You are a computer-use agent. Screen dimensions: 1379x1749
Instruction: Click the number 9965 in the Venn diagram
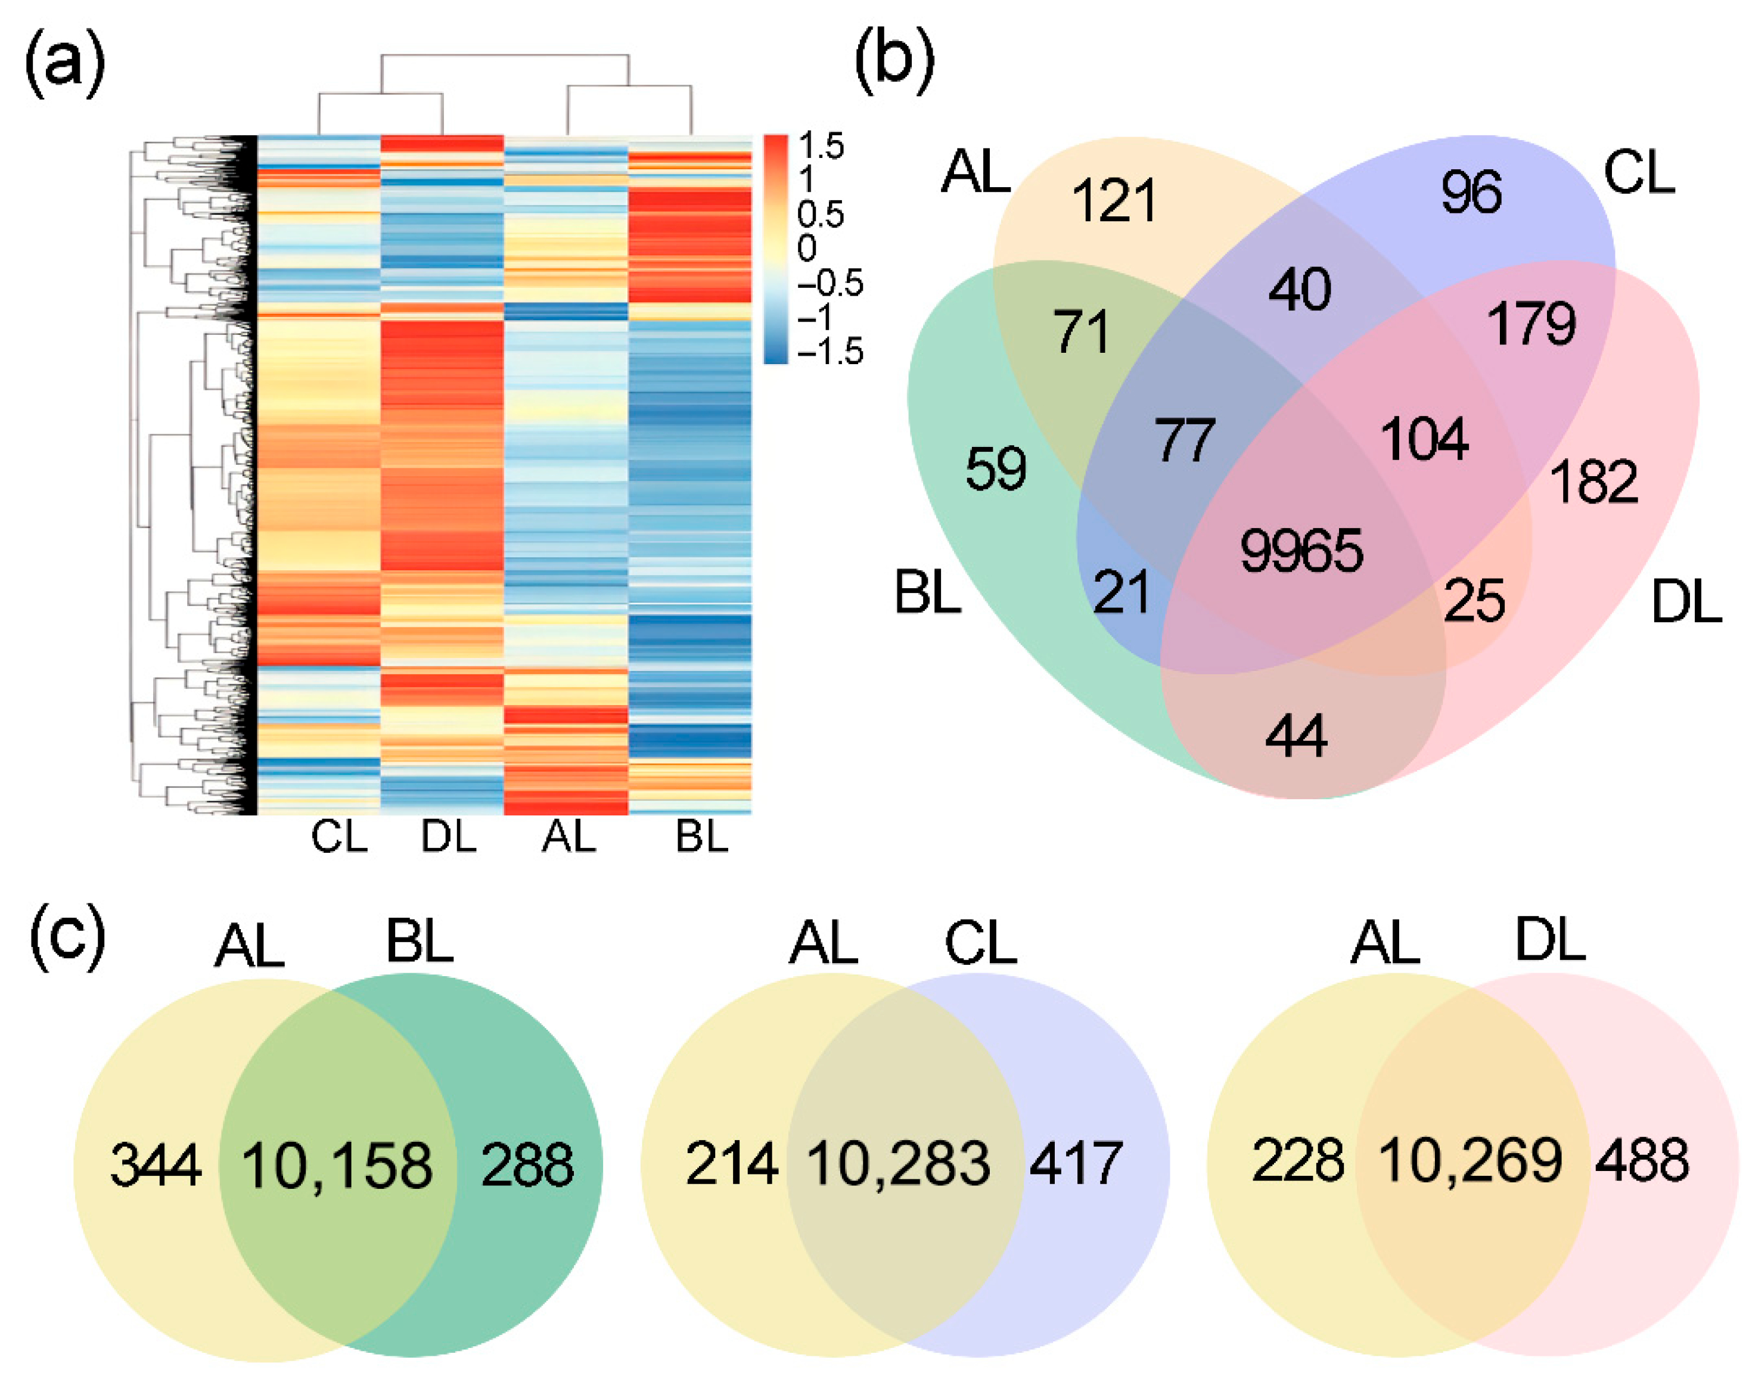tap(1301, 551)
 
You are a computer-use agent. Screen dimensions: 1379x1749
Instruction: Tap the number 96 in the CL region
tap(1471, 192)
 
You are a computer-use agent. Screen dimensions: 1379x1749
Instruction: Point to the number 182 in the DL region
tap(1594, 482)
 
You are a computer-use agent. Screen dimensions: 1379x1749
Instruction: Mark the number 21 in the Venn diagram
tap(1121, 594)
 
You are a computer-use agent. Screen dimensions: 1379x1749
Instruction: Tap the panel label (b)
tap(894, 64)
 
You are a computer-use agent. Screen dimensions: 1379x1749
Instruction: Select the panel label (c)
tap(67, 937)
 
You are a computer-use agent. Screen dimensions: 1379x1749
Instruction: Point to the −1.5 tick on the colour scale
tap(830, 351)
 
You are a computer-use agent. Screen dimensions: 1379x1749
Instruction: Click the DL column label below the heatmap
tap(449, 837)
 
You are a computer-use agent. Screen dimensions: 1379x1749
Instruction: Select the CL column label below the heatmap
tap(339, 837)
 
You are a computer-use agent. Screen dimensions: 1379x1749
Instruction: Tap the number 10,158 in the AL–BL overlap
tap(337, 1166)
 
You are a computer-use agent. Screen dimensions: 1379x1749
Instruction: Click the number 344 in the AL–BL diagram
tap(156, 1166)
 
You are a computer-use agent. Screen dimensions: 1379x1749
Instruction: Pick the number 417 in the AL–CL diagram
tap(1076, 1163)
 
